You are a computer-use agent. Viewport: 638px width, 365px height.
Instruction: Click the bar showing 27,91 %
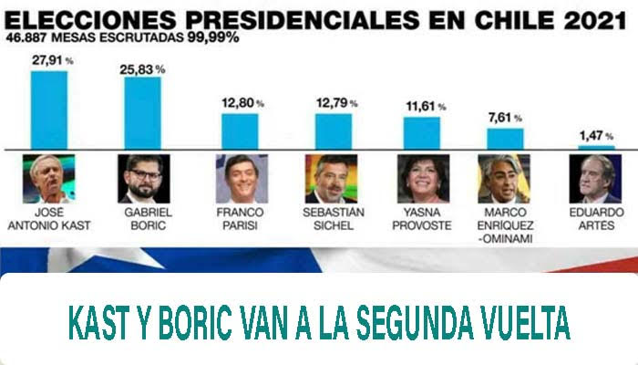tap(49, 109)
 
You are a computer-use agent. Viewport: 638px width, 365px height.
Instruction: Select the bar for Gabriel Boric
tap(143, 112)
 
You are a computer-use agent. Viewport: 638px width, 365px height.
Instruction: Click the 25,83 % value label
tap(146, 68)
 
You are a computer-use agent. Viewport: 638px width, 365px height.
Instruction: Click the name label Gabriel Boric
tap(143, 219)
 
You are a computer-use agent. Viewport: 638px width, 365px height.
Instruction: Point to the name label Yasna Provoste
tap(421, 219)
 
